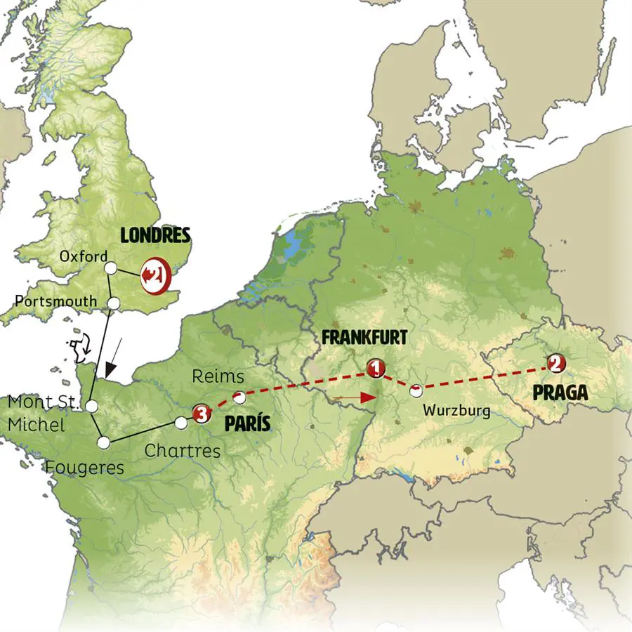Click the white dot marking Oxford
point(110,268)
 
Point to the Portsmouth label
point(55,301)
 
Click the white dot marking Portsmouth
point(114,303)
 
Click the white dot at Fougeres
point(104,442)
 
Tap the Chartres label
point(182,450)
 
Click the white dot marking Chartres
point(181,423)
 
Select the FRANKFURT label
point(364,338)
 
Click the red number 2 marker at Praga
point(555,363)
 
